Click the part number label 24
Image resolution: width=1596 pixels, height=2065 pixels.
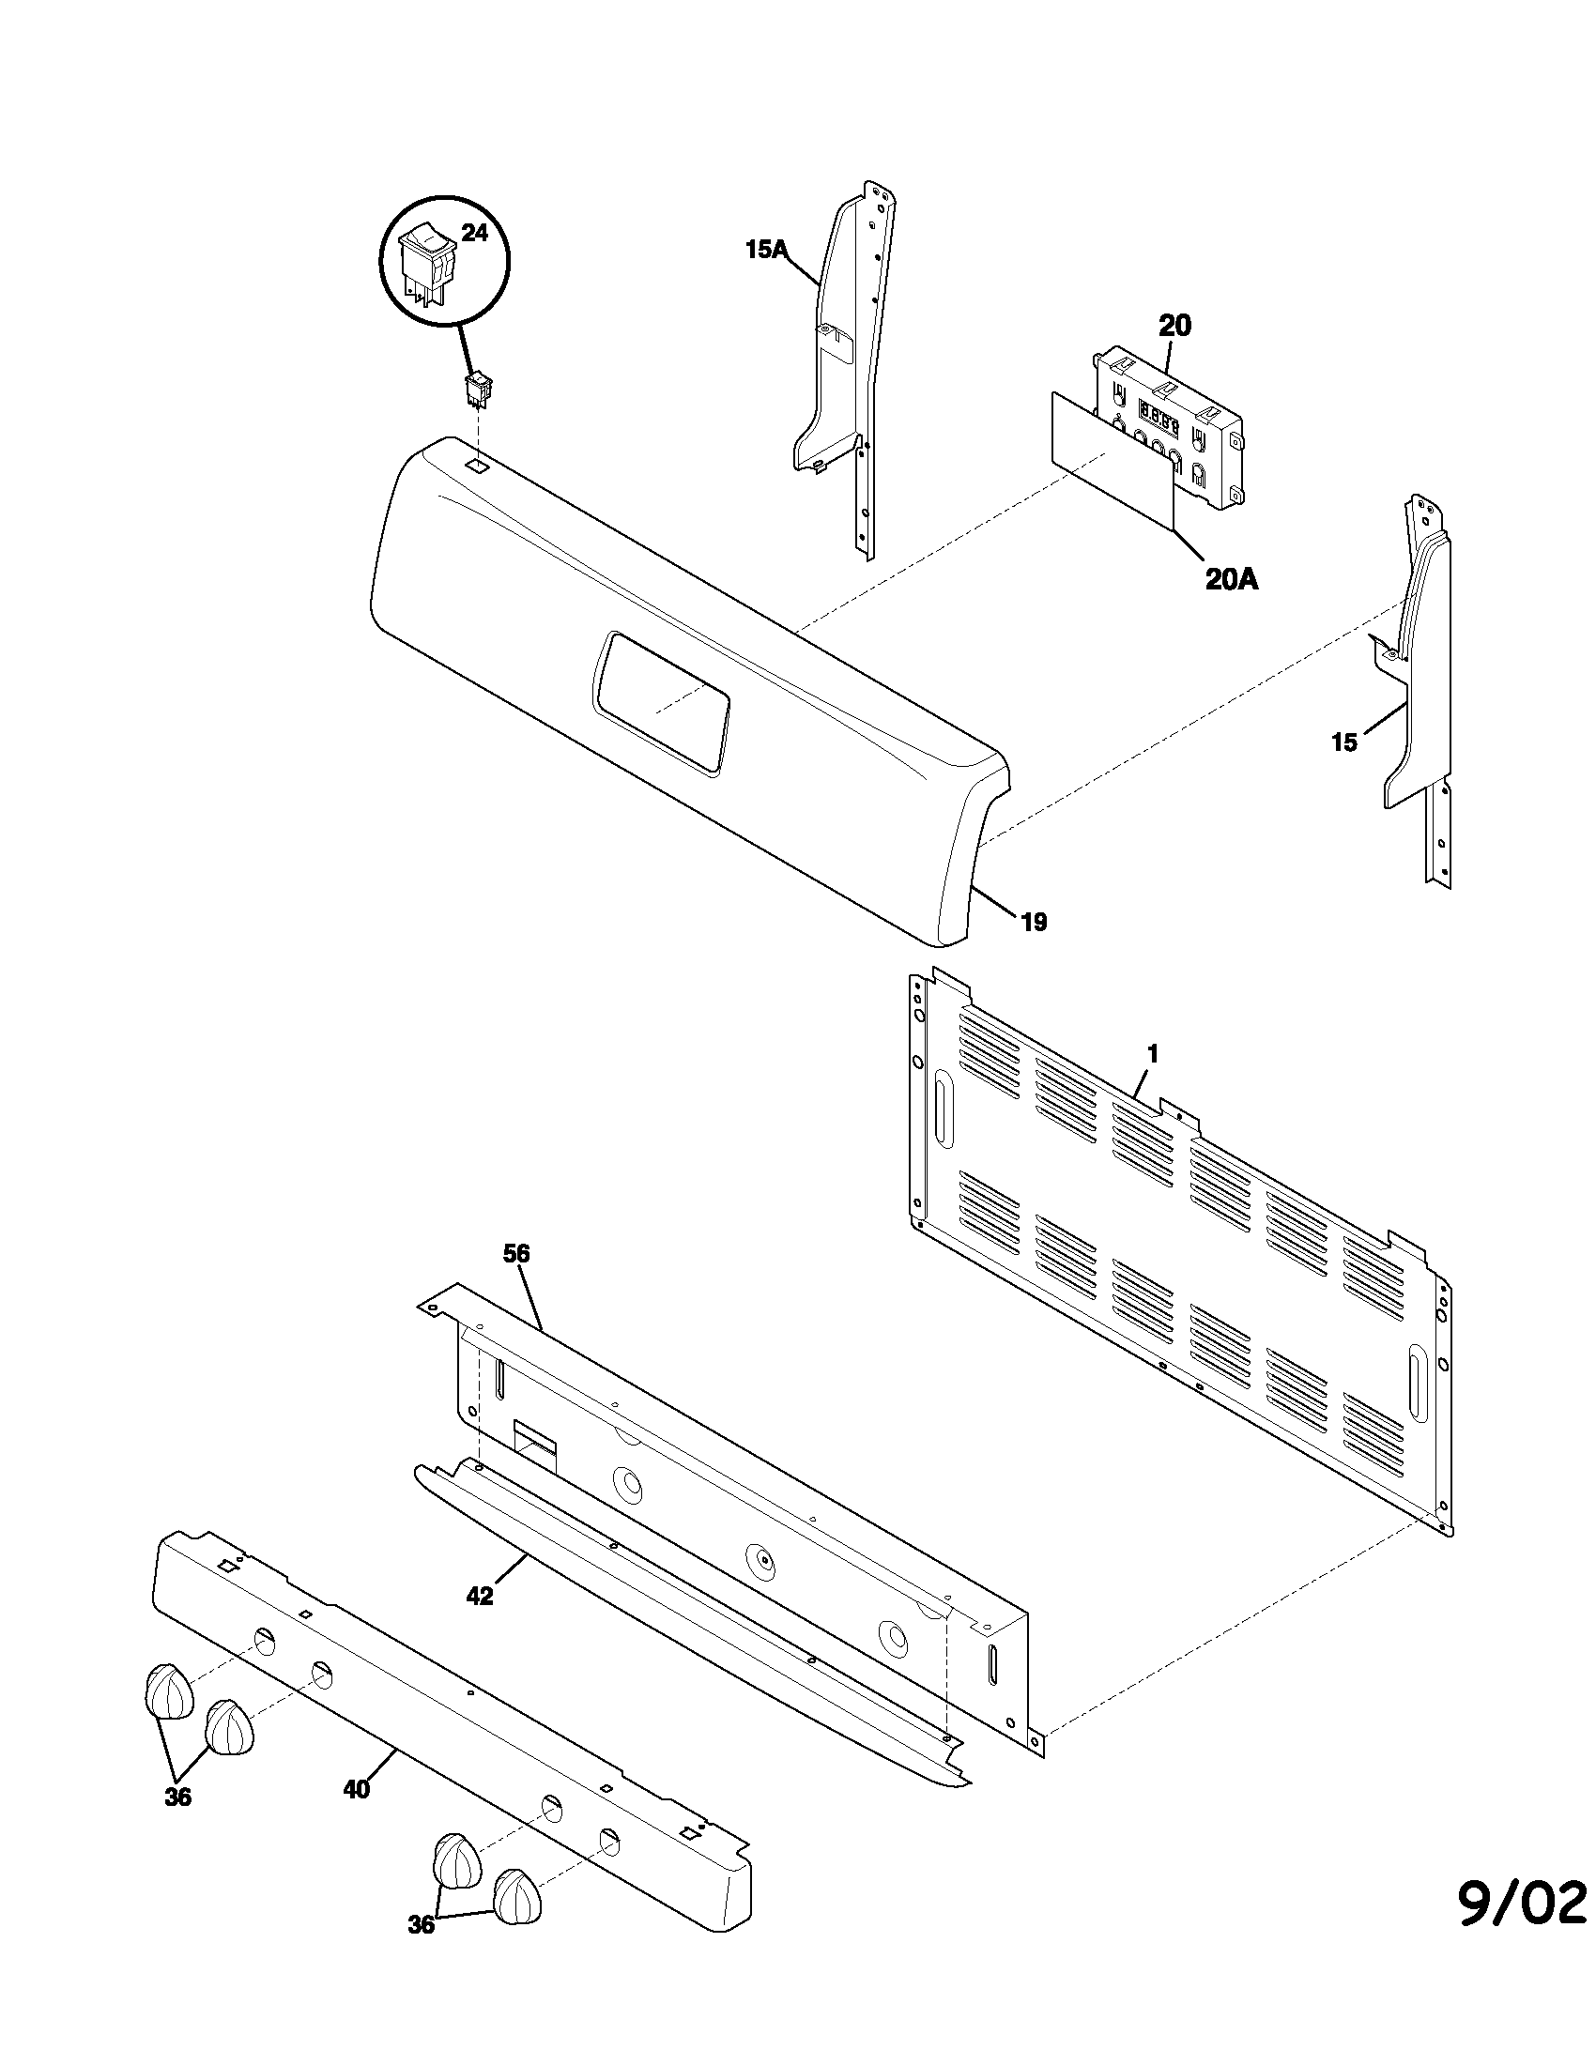point(474,233)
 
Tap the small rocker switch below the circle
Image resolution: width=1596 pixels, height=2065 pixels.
point(479,390)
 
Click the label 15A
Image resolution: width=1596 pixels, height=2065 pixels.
point(766,251)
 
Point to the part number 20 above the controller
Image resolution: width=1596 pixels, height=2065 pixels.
point(1174,327)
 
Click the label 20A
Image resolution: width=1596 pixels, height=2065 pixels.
point(1231,579)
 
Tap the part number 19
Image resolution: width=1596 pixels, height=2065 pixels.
point(1035,922)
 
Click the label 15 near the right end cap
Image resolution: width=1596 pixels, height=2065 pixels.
point(1343,742)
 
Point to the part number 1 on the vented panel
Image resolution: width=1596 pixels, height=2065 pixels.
point(1153,1053)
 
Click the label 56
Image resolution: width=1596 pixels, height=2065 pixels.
point(516,1254)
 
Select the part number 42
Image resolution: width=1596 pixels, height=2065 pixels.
point(481,1596)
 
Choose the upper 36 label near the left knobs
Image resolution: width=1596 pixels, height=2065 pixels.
point(177,1797)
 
